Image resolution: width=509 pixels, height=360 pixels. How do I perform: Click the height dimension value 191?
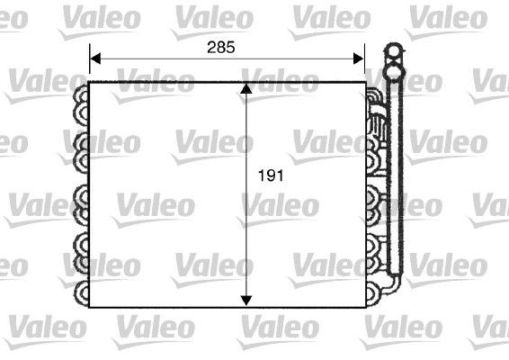point(270,176)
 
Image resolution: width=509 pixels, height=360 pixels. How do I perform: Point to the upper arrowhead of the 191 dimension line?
point(247,88)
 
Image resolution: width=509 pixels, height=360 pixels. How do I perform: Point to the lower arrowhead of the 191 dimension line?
point(247,301)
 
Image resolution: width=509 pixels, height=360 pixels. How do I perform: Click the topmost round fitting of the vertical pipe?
point(393,50)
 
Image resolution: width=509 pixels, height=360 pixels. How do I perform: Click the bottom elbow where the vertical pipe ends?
point(393,284)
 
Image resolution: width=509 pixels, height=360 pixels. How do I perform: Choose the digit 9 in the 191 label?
point(270,176)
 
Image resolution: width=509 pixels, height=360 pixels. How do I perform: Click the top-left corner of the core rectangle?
point(90,83)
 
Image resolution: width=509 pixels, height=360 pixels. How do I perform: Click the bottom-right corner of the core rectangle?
point(365,307)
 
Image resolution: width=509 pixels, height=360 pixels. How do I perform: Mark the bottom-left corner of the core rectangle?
point(90,307)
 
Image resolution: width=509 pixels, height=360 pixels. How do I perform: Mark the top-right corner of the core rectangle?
point(365,83)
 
